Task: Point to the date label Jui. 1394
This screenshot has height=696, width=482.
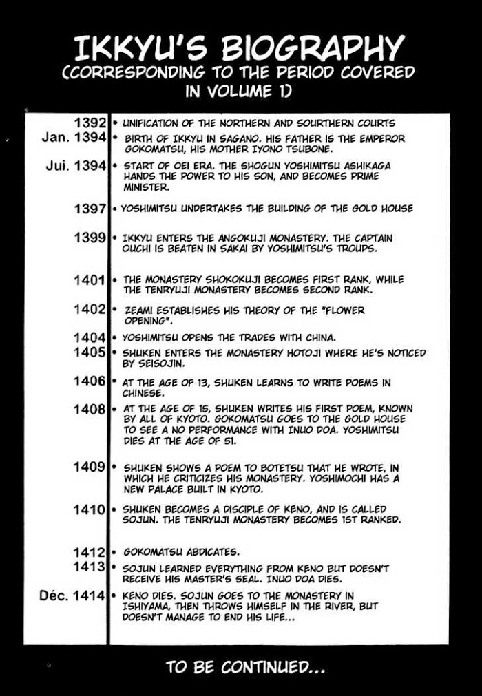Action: coord(74,166)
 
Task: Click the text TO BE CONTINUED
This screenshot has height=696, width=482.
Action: coord(244,667)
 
